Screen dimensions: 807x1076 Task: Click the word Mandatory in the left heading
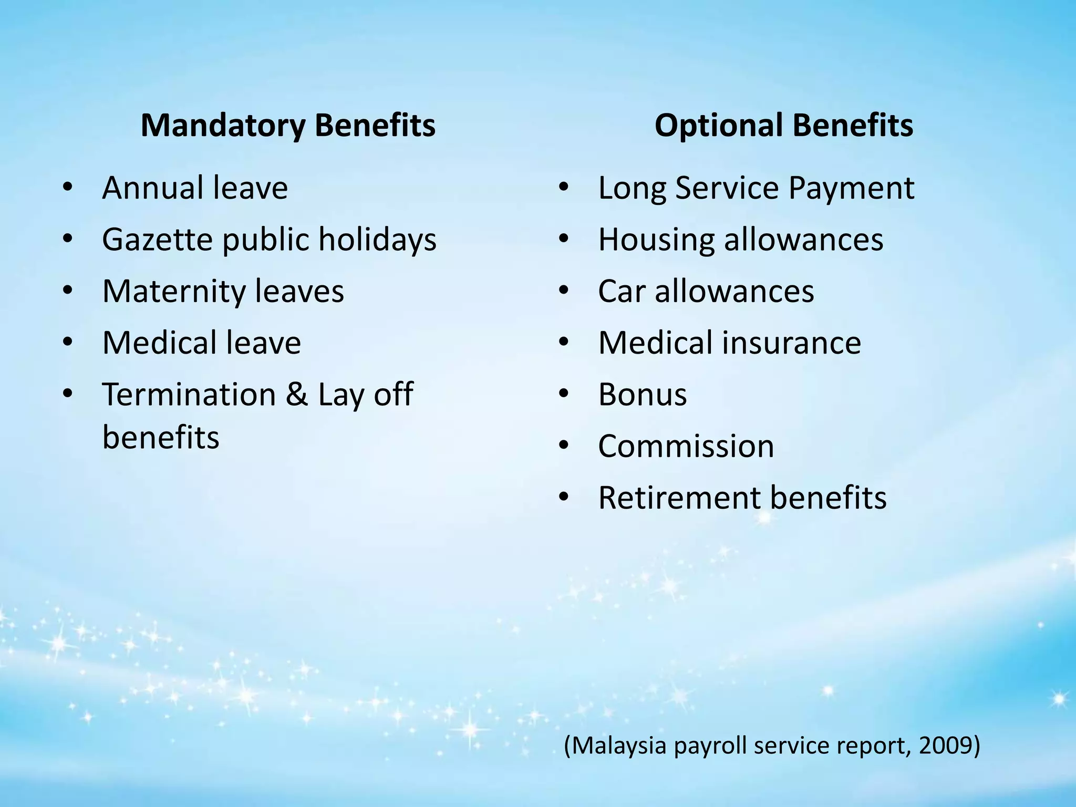click(x=223, y=126)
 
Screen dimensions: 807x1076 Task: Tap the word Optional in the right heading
click(x=718, y=127)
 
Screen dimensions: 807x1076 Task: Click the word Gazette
click(x=157, y=239)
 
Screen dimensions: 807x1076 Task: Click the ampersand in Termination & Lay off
click(x=296, y=395)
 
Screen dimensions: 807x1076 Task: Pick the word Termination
click(x=189, y=395)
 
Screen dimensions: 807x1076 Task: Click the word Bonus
click(x=642, y=395)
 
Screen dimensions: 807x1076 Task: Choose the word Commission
click(x=686, y=446)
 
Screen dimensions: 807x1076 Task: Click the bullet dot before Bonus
click(x=564, y=395)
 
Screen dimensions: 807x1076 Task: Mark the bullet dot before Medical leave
click(x=67, y=343)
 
